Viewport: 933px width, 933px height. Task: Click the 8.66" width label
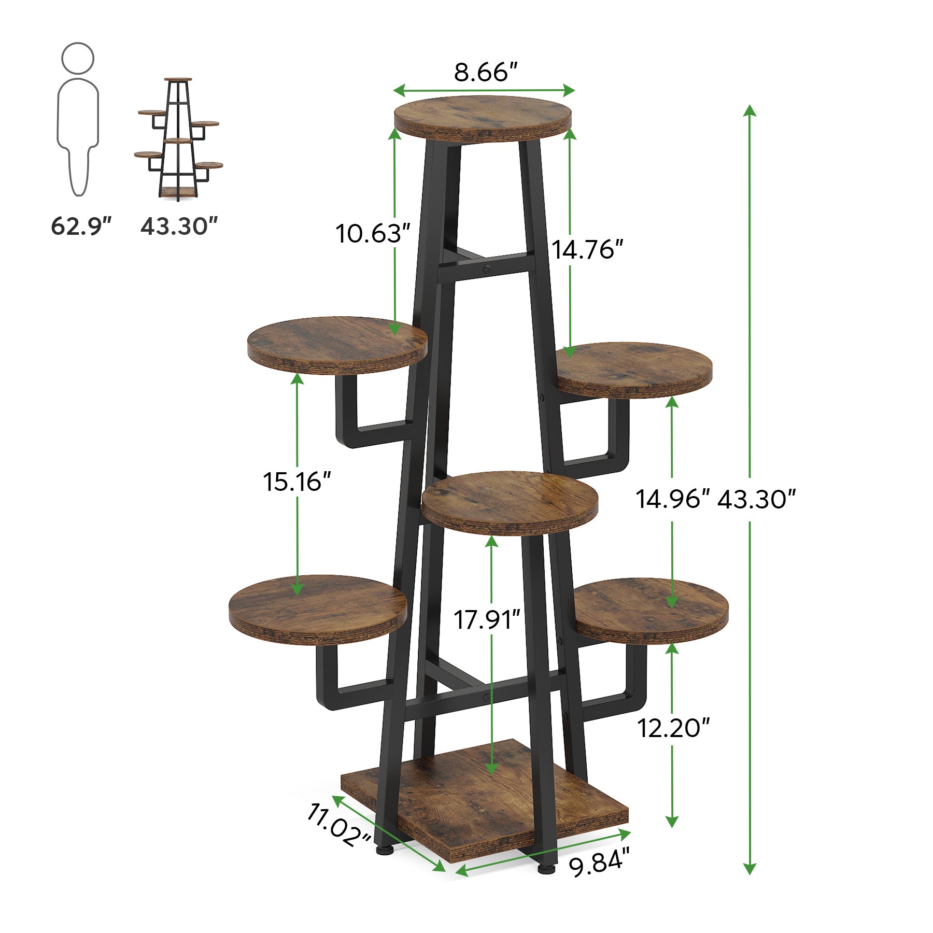tap(486, 72)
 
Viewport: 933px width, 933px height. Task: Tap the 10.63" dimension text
tap(373, 233)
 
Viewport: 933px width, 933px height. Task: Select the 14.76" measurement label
tap(587, 250)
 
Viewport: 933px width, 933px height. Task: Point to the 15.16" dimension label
tap(297, 482)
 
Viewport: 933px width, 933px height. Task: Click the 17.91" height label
tap(487, 620)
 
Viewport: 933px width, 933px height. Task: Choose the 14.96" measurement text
tap(672, 499)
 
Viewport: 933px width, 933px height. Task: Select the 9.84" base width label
tap(599, 863)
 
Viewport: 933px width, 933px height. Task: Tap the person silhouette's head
tap(78, 58)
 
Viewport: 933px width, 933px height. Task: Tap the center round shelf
tap(510, 501)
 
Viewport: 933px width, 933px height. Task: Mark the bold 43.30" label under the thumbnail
tap(179, 227)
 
